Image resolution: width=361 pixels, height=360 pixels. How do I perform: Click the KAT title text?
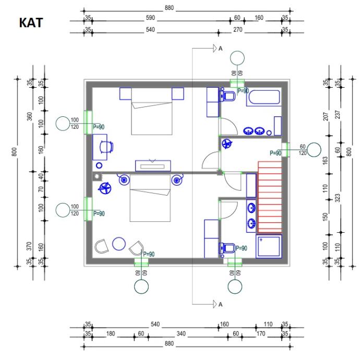(31, 24)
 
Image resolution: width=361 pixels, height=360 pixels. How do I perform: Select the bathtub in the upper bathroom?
(264, 98)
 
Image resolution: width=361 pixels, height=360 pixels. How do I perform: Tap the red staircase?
(270, 196)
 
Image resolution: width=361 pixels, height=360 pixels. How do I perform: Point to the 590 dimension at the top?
(151, 18)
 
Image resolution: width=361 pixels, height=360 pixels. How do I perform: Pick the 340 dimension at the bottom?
(181, 333)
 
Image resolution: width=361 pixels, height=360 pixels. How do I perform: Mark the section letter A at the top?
(220, 49)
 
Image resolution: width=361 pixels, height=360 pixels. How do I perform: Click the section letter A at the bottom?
(220, 304)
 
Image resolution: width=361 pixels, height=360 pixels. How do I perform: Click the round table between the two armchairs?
(119, 244)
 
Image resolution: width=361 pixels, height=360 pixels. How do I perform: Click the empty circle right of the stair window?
(314, 150)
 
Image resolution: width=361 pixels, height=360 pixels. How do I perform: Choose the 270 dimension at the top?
(239, 30)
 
